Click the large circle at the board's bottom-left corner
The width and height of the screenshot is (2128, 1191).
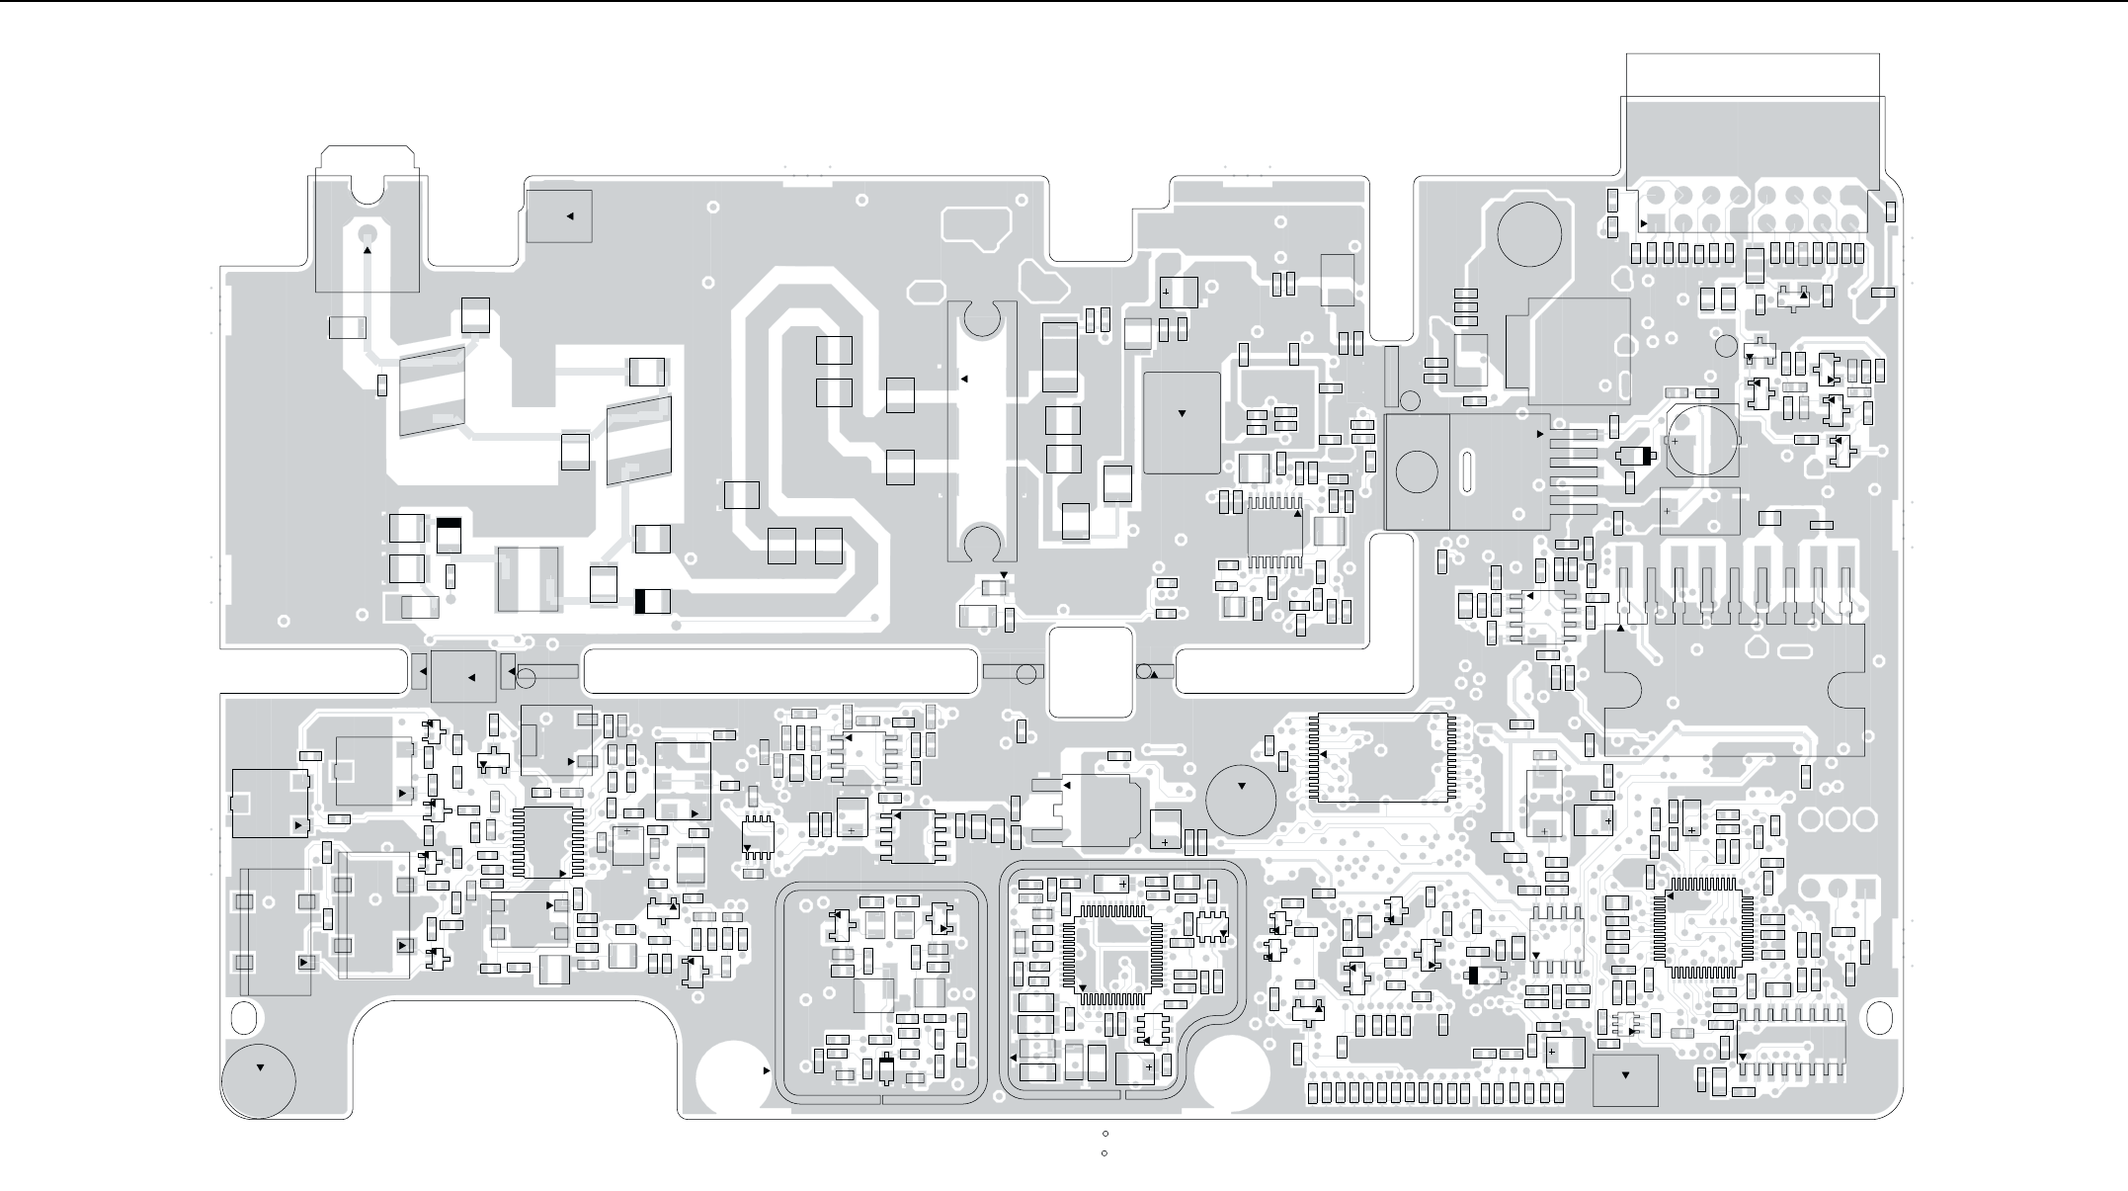click(259, 1079)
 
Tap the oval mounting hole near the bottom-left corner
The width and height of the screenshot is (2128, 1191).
click(243, 1016)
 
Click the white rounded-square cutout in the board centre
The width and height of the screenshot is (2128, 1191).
click(1090, 672)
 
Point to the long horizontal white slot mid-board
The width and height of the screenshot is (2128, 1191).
click(780, 672)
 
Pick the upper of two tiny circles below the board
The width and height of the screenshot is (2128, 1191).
click(1105, 1134)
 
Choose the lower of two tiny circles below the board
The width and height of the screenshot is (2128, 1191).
click(1104, 1152)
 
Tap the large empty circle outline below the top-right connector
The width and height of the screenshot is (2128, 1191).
click(1529, 233)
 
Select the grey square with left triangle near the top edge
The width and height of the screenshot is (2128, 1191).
click(559, 215)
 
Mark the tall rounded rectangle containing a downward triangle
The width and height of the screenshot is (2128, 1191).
click(1182, 422)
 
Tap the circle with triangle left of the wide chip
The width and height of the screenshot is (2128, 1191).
click(1241, 799)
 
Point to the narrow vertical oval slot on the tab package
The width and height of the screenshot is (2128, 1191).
click(1467, 472)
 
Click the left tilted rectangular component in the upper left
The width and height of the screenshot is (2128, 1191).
click(432, 390)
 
